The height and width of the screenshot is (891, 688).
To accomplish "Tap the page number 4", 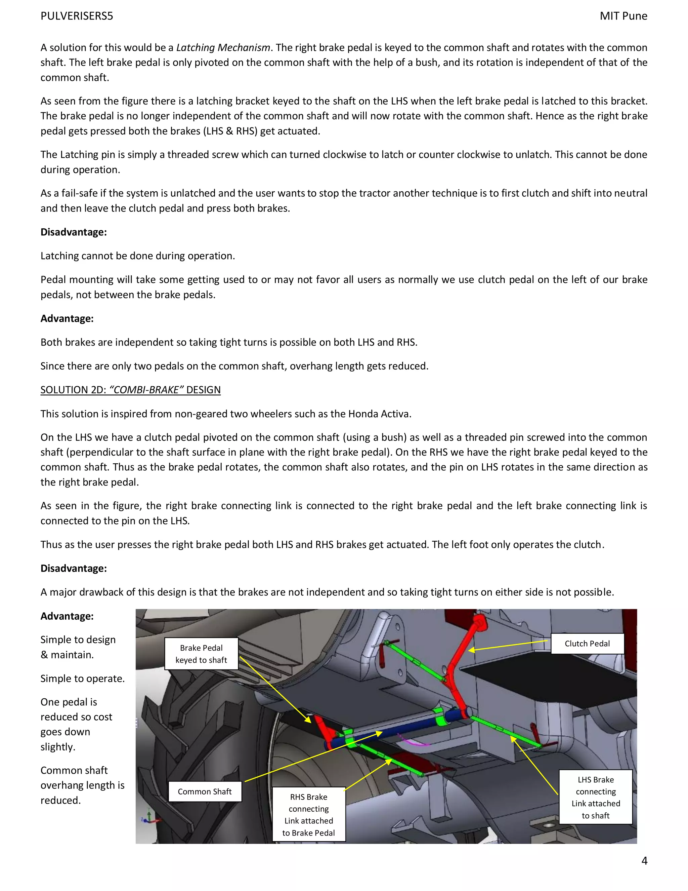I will [644, 860].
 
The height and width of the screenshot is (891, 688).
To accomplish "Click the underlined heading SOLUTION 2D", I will [130, 390].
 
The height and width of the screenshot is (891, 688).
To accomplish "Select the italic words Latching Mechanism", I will [223, 48].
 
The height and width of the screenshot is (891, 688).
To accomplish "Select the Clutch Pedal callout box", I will [587, 643].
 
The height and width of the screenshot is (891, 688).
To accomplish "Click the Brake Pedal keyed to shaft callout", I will [201, 654].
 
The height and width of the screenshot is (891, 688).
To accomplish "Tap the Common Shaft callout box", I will [205, 791].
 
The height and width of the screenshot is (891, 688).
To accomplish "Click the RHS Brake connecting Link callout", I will [308, 814].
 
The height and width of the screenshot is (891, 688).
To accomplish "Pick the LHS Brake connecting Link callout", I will [596, 797].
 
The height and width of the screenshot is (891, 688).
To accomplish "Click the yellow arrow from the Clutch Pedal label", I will [510, 646].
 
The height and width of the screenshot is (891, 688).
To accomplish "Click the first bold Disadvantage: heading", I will [73, 232].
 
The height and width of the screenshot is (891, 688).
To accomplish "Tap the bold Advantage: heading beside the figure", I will [67, 616].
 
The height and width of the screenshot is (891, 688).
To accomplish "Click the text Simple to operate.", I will [82, 679].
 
